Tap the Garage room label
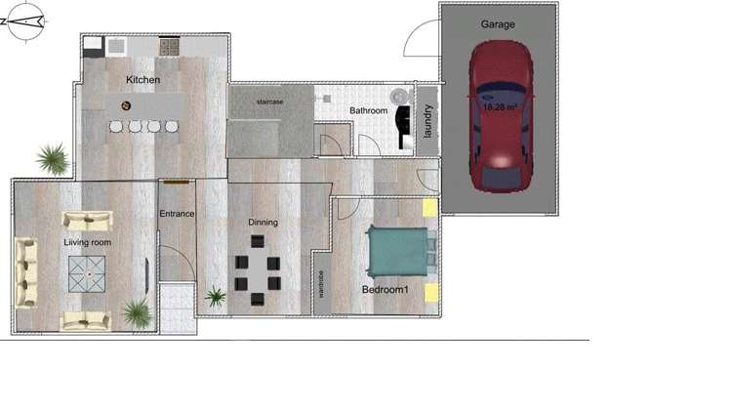(x=498, y=23)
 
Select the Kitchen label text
(x=143, y=79)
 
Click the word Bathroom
(x=369, y=111)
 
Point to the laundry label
(x=427, y=120)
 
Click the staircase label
(x=269, y=101)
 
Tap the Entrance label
(x=177, y=213)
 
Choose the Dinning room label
(x=263, y=223)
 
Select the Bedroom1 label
(x=385, y=290)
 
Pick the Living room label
(x=88, y=241)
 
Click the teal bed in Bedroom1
(x=396, y=252)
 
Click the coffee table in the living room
(x=88, y=271)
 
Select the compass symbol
(x=25, y=21)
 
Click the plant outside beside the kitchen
(x=52, y=157)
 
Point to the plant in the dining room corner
(x=215, y=296)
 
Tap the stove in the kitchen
(x=169, y=46)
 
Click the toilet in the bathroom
(x=399, y=96)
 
